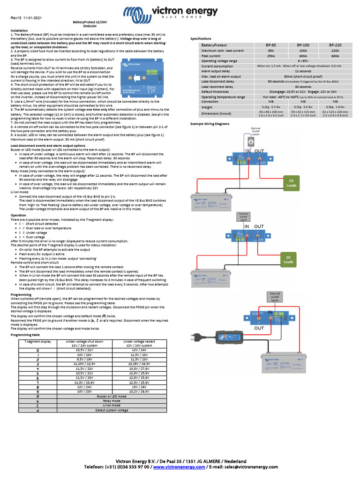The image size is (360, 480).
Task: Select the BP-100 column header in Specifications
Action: click(x=303, y=45)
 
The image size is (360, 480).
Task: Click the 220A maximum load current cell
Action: click(x=335, y=50)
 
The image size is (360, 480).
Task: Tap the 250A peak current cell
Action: click(x=270, y=55)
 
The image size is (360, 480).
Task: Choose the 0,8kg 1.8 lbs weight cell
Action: click(x=335, y=107)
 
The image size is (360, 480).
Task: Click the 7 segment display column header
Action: click(x=38, y=342)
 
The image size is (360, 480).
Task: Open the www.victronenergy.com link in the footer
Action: click(x=179, y=467)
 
